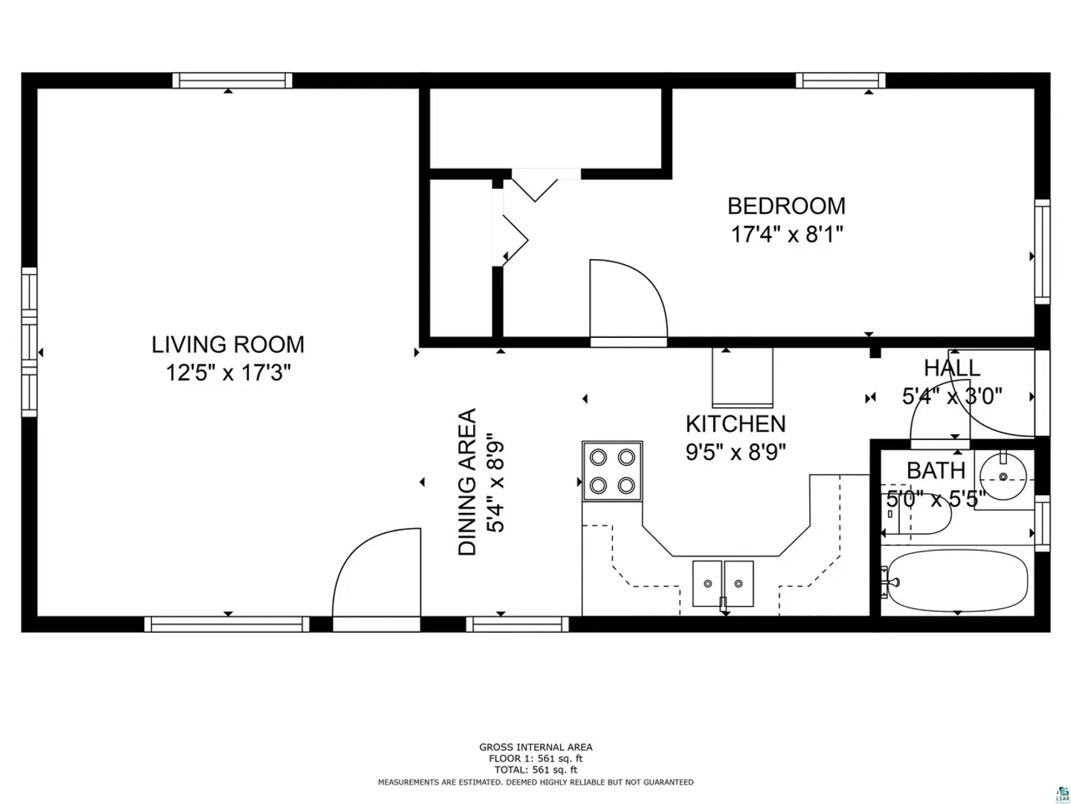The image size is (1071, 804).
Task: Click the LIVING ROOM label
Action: click(x=228, y=345)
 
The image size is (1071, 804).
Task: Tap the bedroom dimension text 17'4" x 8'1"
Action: click(x=787, y=234)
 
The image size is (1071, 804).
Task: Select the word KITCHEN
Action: click(x=736, y=424)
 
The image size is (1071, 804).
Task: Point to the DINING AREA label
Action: click(x=467, y=482)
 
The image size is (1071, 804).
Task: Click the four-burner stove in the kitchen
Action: click(x=612, y=471)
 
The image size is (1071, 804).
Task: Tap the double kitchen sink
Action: click(x=723, y=584)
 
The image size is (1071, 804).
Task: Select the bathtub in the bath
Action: click(x=956, y=581)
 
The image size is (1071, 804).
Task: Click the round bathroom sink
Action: click(x=1003, y=476)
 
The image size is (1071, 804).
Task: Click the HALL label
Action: click(x=952, y=368)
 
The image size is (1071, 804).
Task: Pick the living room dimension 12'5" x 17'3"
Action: click(x=228, y=374)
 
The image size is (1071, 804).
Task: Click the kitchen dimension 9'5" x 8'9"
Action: click(x=736, y=453)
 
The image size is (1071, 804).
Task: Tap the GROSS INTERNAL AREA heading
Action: click(x=535, y=747)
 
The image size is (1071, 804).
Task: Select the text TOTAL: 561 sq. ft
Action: click(x=535, y=770)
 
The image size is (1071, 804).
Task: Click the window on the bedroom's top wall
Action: click(x=840, y=80)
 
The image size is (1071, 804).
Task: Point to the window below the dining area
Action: click(x=517, y=625)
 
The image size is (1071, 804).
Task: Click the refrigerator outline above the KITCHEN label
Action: click(x=742, y=377)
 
